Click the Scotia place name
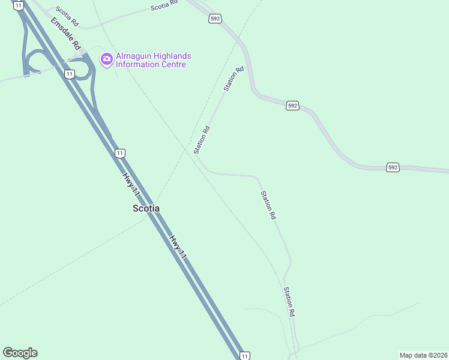146,208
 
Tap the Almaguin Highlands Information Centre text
151,60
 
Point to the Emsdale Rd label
65,33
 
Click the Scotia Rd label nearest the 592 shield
164,5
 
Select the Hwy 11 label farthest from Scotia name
178,247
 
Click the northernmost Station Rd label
234,79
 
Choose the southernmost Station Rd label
289,301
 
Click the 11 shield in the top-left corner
19,5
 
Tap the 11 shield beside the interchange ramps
70,74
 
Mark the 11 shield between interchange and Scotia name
120,153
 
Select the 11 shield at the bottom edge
244,356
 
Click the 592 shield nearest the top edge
215,19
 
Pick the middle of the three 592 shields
292,106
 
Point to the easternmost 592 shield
392,167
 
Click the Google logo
20,353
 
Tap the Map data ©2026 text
423,355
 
